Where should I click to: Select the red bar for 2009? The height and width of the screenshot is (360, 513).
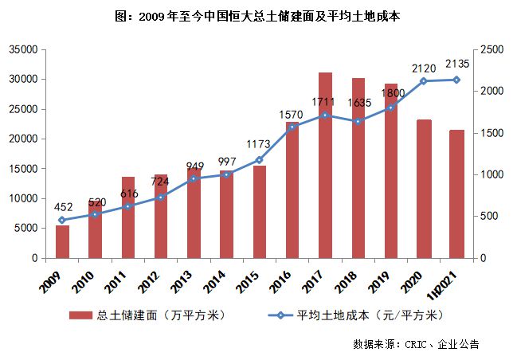(x=62, y=242)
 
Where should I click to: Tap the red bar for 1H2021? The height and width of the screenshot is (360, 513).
(x=456, y=194)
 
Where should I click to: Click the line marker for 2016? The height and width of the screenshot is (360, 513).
(x=292, y=127)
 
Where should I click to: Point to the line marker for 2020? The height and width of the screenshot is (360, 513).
(x=424, y=80)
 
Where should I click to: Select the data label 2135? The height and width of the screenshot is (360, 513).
(x=456, y=64)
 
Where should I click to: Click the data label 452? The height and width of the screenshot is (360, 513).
(x=64, y=206)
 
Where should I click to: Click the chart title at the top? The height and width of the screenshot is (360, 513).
(x=256, y=15)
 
